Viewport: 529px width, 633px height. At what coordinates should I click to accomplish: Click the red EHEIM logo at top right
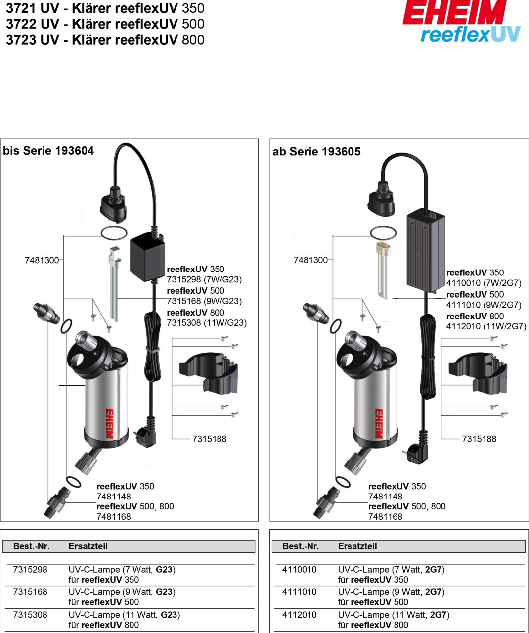pos(454,14)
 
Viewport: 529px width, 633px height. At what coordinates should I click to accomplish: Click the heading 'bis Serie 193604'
pos(48,151)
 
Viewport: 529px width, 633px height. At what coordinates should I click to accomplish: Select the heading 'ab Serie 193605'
pos(316,152)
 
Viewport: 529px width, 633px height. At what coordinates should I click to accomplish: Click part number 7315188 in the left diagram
pos(209,439)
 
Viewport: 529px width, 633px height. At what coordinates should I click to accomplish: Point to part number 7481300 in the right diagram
pos(310,260)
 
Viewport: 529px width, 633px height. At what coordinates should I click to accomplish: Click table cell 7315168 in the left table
pos(30,592)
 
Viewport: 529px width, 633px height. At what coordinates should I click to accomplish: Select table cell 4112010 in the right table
pos(299,615)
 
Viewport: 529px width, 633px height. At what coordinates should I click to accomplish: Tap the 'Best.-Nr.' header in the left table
pos(31,546)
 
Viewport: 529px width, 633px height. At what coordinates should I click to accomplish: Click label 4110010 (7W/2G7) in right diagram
pos(484,283)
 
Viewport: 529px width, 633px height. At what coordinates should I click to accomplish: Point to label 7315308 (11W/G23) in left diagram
pos(206,323)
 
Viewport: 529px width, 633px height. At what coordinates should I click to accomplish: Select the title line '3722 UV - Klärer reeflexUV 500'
pos(105,24)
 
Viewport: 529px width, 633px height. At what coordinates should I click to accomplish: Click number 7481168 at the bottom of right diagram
pos(385,517)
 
